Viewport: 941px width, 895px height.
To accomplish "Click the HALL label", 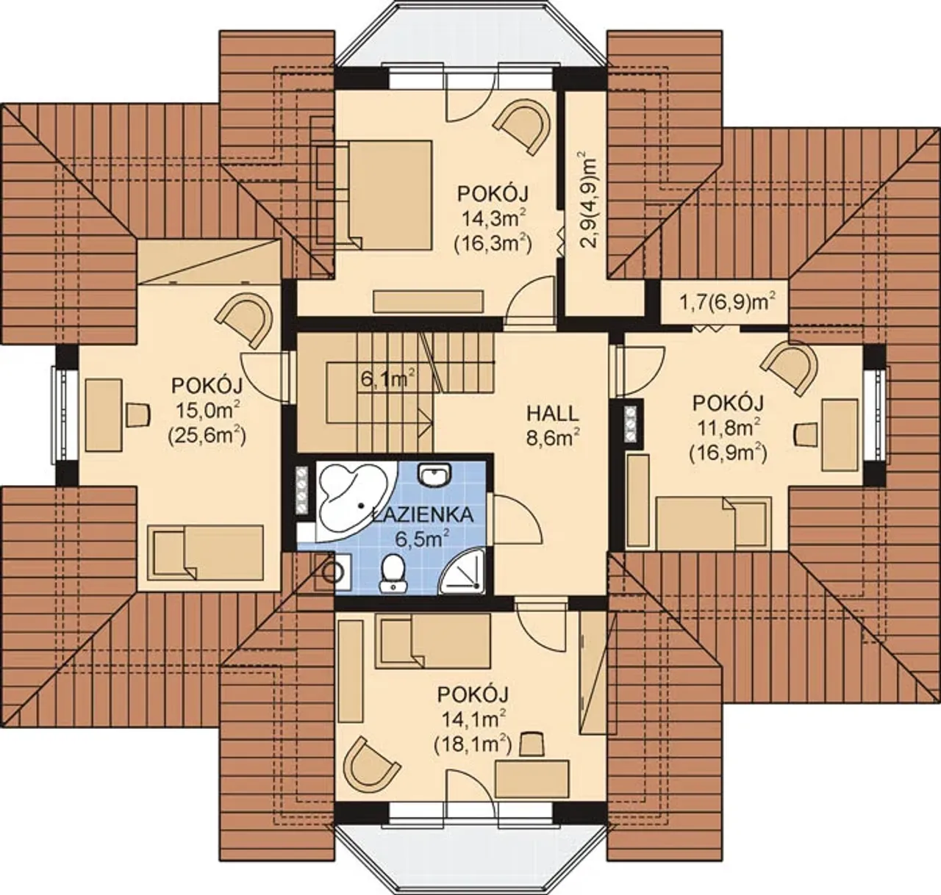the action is pyautogui.click(x=552, y=414).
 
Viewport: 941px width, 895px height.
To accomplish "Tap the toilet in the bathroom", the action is pyautogui.click(x=393, y=572).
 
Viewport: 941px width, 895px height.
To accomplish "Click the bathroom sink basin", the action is pyautogui.click(x=434, y=474).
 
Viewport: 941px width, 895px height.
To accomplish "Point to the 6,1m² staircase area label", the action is pyautogui.click(x=387, y=380).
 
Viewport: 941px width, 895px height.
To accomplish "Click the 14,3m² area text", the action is pyautogui.click(x=493, y=219).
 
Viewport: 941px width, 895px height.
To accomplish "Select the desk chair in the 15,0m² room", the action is pyautogui.click(x=137, y=414).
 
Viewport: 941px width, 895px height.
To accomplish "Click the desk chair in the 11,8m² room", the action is pyautogui.click(x=806, y=434).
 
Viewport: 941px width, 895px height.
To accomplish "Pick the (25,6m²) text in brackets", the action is pyautogui.click(x=207, y=436).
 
